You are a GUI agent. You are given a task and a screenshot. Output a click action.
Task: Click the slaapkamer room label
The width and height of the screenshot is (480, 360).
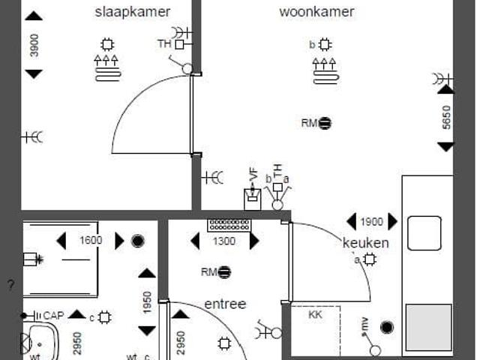133,12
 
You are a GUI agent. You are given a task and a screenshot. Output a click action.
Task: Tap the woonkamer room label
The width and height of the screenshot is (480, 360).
316,12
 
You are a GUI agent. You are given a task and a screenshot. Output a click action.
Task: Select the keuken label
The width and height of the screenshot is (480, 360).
366,243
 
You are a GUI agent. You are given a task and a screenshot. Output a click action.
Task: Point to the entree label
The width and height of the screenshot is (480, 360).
225,304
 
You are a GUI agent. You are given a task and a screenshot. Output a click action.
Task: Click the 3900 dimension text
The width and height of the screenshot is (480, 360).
34,44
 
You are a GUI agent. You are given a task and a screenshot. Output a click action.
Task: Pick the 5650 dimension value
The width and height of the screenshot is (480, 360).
446,117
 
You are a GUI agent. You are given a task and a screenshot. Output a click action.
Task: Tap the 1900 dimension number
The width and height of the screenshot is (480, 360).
371,222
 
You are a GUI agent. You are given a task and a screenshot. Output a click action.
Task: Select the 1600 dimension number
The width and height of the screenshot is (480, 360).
90,241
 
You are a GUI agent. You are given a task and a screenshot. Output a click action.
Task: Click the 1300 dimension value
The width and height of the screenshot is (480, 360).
224,241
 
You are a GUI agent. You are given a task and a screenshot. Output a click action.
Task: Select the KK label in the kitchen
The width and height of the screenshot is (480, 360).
315,315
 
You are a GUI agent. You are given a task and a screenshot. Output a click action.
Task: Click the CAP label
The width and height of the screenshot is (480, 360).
53,316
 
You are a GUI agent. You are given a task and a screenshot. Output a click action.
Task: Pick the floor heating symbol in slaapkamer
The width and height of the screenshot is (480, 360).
107,68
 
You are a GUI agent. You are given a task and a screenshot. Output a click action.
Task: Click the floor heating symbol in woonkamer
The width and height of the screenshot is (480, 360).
324,69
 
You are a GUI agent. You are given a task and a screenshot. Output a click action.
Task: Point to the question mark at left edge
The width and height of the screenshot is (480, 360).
10,285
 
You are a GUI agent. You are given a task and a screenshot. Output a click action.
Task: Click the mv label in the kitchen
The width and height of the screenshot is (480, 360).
364,325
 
